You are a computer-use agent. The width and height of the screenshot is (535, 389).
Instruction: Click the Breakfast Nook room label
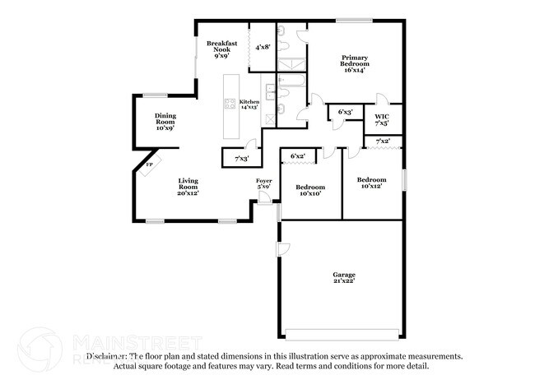pos(222,49)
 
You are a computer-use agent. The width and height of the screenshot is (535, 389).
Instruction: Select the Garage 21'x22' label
pos(343,279)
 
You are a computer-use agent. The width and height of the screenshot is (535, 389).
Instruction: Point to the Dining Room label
pos(165,122)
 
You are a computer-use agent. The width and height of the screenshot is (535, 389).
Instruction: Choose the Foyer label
pos(263,183)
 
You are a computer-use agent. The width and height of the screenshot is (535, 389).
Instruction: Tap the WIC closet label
pos(382,119)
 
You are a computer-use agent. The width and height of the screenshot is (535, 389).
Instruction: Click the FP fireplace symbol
pos(149,165)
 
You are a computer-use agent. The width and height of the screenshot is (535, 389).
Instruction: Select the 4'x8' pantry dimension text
pos(263,48)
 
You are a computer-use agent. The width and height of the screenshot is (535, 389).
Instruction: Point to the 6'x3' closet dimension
pos(346,111)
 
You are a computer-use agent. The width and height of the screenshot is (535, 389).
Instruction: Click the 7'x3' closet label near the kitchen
pos(241,158)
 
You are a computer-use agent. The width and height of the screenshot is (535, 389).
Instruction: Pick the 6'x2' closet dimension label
pos(297,155)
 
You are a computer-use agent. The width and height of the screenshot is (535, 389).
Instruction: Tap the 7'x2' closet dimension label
pos(383,141)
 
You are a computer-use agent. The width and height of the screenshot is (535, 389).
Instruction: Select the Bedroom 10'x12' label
pos(371,183)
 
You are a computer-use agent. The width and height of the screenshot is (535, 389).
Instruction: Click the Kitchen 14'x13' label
pos(249,104)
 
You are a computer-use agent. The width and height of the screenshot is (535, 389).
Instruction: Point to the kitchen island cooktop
pos(230,104)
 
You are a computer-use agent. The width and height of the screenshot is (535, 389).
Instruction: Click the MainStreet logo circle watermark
pos(39,349)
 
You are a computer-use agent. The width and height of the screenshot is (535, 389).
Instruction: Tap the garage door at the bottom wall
pos(342,333)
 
